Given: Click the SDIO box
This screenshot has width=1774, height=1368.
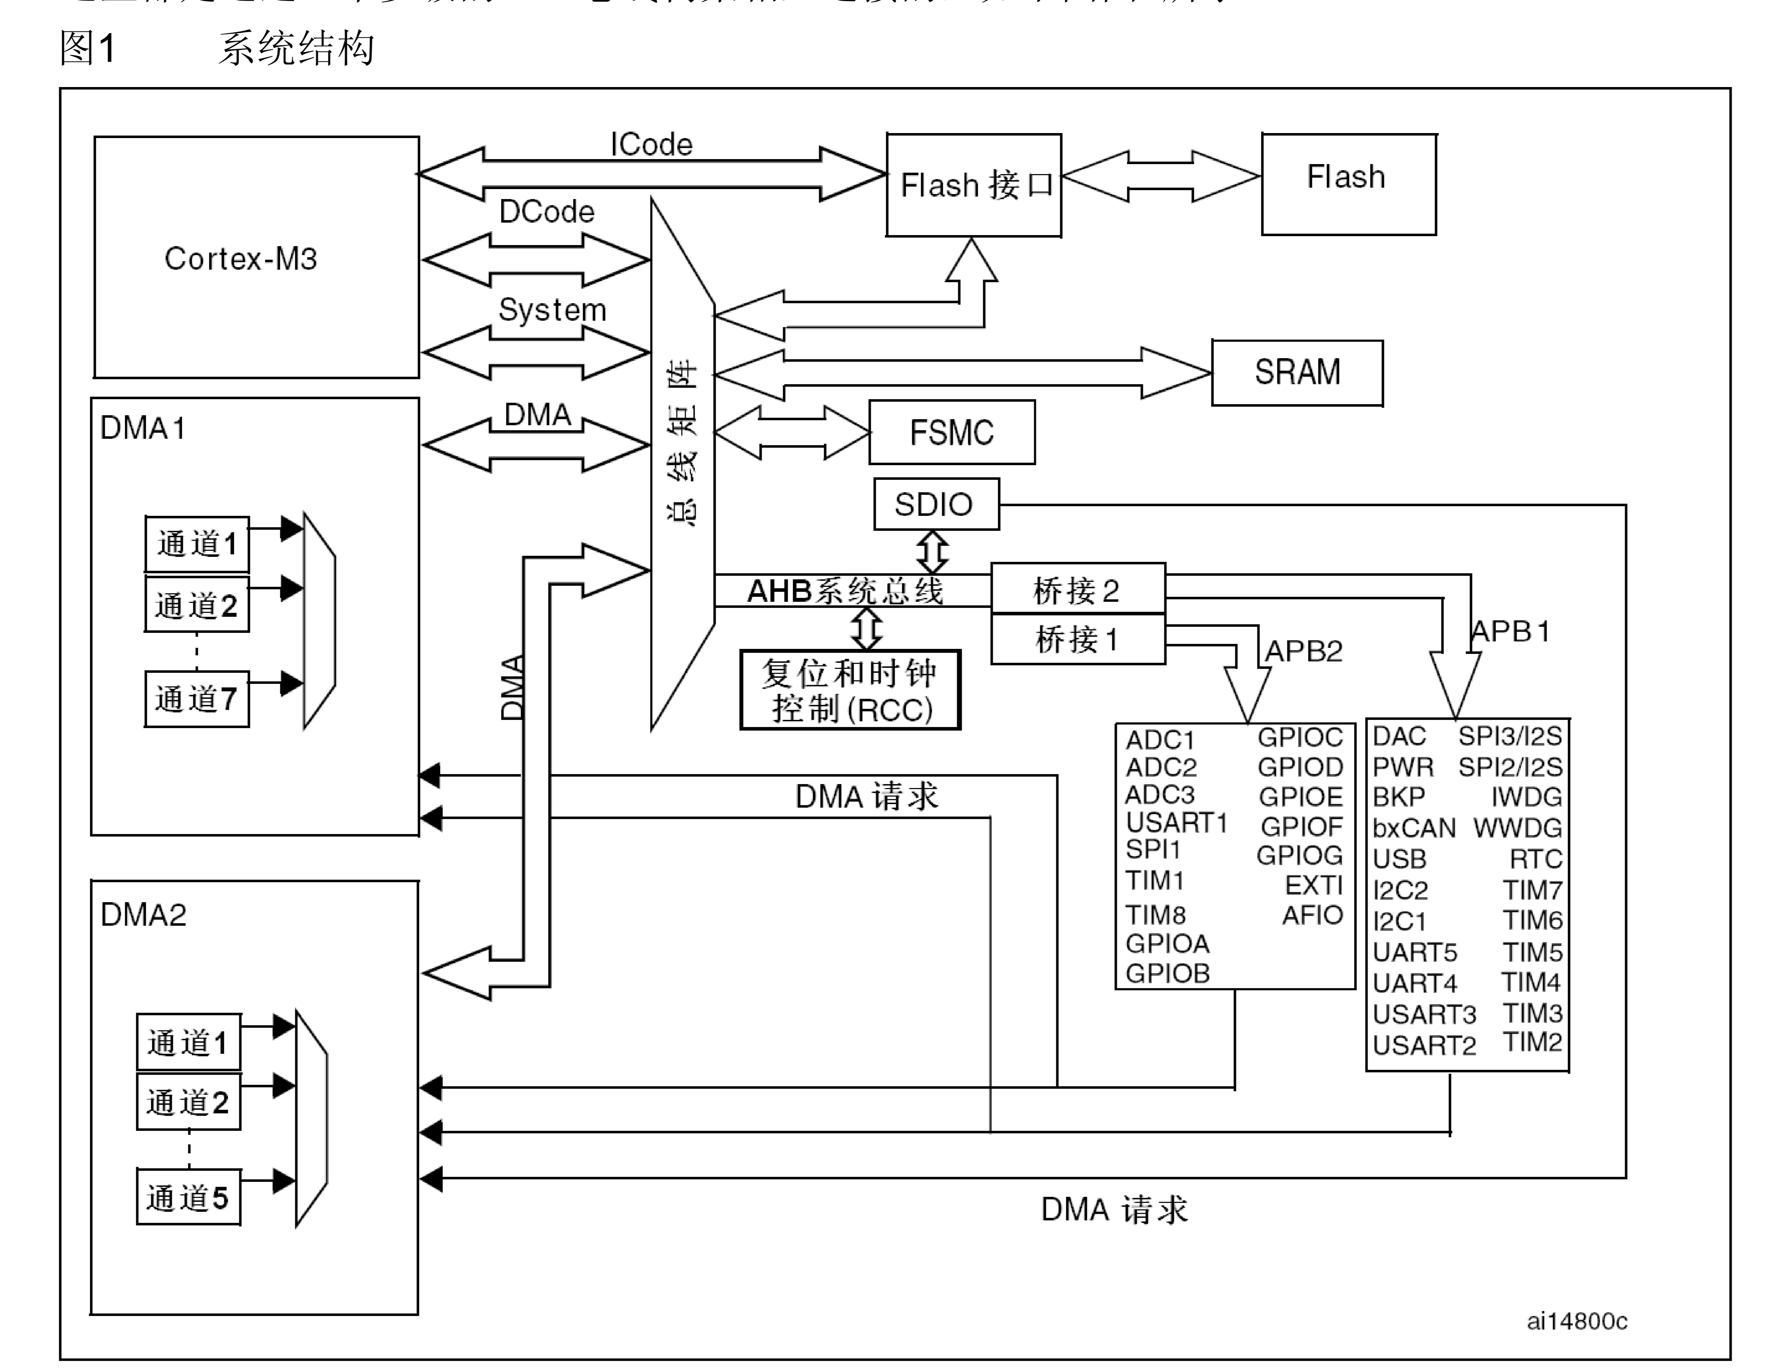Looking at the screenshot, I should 935,504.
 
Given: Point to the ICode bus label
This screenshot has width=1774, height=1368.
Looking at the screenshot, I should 651,144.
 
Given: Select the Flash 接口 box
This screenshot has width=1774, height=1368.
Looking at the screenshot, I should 973,185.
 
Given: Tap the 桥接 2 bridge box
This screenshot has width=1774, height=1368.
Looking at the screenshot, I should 1077,590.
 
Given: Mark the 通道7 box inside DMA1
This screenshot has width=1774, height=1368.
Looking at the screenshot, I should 196,698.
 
